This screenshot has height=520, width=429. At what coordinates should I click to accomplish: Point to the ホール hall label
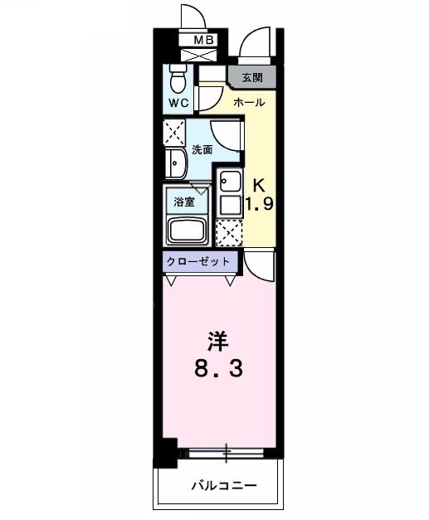[x=249, y=103]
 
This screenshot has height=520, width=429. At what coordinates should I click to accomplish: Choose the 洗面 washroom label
[x=202, y=150]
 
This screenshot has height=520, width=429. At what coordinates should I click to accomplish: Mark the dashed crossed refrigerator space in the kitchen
[x=228, y=232]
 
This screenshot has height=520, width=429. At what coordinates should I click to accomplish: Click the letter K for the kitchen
[x=258, y=184]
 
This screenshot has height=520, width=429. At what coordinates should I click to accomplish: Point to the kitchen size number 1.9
[x=258, y=204]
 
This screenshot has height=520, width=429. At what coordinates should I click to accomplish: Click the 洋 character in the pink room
[x=217, y=340]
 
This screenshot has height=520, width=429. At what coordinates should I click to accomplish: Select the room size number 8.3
[x=217, y=369]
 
